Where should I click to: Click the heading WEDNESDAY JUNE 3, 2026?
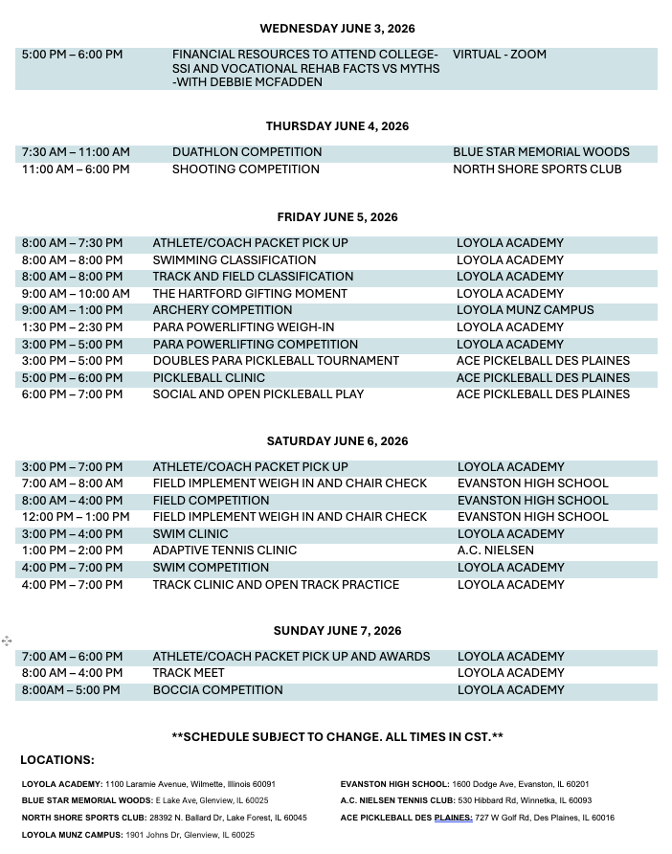tap(337, 29)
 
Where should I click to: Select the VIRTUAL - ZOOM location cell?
tap(500, 55)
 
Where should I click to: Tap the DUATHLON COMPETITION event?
tap(247, 152)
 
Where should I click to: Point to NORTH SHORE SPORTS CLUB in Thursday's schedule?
tap(537, 169)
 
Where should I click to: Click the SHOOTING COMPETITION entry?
tap(246, 169)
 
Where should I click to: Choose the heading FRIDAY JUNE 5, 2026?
tap(337, 217)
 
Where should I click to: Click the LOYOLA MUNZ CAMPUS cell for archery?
tap(525, 310)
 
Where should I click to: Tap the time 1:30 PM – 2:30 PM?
tap(72, 327)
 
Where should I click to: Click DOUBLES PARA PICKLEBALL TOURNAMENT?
tap(276, 361)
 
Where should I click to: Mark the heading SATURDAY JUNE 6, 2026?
tap(337, 441)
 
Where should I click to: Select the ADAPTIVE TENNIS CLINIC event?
tap(225, 551)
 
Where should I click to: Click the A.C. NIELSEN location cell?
tap(496, 551)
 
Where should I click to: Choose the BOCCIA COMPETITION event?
tap(217, 690)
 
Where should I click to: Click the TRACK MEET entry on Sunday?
tap(189, 673)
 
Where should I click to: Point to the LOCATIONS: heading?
tap(57, 760)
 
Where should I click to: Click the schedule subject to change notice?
tap(337, 736)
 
